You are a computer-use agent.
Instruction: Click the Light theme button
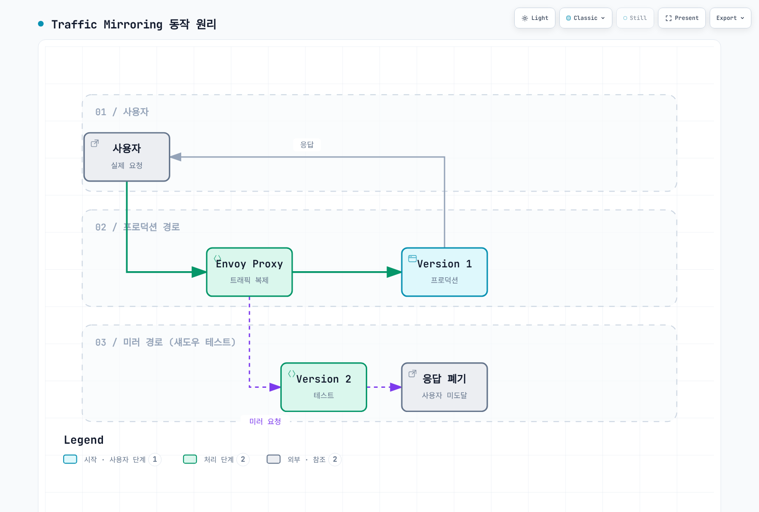coord(534,18)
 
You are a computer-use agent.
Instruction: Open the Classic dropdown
coord(585,18)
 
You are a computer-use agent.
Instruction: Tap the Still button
coord(635,18)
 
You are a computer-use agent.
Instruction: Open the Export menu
coord(730,18)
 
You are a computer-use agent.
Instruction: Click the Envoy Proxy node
coord(250,272)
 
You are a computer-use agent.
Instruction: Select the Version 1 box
coord(444,272)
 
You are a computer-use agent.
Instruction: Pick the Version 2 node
coord(324,387)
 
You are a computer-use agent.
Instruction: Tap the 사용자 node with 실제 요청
coord(127,157)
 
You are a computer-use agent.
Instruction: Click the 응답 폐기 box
coord(444,387)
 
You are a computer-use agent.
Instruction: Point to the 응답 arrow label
coord(306,145)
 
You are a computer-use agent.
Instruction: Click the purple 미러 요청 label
coord(265,421)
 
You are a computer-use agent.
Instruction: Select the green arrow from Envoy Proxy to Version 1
coord(347,272)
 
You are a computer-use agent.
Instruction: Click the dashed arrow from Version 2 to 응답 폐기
coord(384,387)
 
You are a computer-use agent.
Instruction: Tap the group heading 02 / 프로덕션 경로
coord(137,227)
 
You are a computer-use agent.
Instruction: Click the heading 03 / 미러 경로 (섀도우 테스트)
coord(166,342)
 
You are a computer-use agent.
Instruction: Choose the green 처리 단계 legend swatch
coord(190,459)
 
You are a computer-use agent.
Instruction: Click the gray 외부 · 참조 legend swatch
coord(273,459)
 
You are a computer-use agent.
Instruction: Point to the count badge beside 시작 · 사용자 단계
coord(155,459)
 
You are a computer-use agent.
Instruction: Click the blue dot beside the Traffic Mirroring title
coord(41,24)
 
